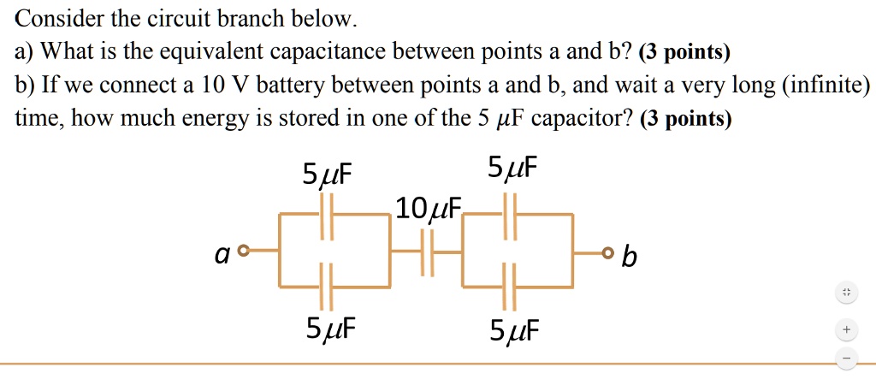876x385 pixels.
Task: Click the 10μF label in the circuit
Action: tap(428, 208)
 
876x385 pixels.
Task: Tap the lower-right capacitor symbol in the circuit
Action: tap(510, 287)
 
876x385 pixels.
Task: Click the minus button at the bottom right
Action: tap(845, 358)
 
